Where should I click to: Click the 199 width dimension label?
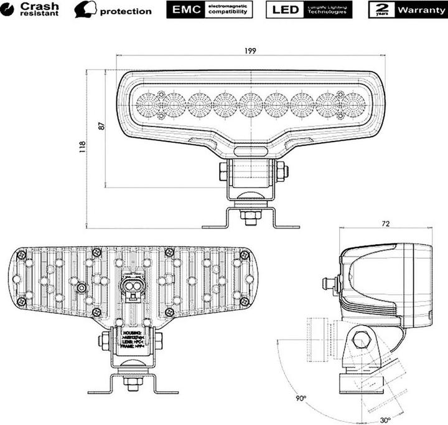(250, 50)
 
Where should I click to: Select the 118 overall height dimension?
(82, 148)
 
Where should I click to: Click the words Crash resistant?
(39, 9)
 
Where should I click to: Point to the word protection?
(126, 11)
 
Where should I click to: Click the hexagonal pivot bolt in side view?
(360, 340)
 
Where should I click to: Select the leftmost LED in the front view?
(148, 103)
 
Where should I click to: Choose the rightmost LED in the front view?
(353, 103)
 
